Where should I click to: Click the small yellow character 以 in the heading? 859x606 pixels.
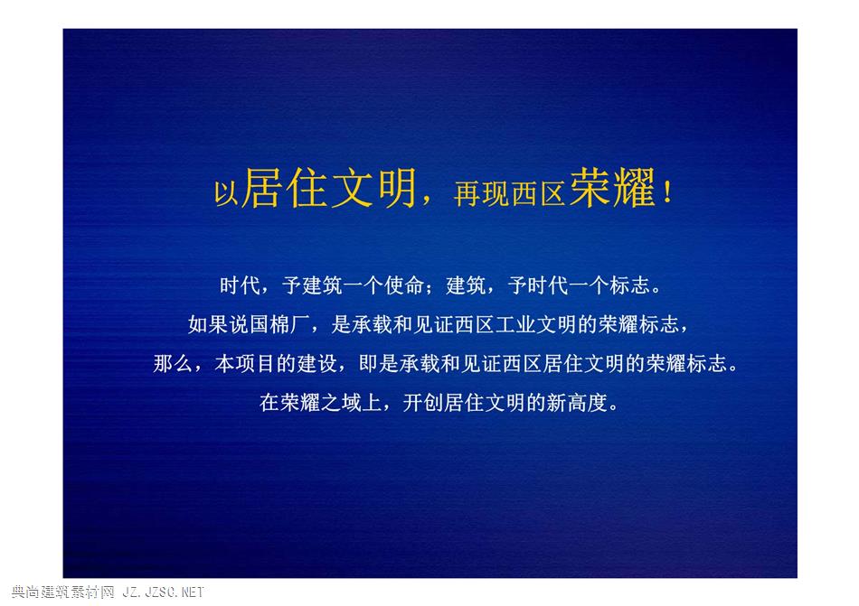226,193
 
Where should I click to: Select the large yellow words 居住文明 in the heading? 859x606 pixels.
329,188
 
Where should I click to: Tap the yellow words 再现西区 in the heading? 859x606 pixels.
509,193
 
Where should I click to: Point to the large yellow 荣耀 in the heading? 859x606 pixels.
612,188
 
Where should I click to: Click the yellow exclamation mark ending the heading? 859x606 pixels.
667,192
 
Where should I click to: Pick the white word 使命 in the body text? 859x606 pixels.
404,285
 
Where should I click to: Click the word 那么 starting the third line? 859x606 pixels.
173,364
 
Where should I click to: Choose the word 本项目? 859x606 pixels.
245,364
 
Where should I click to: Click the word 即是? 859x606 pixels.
379,364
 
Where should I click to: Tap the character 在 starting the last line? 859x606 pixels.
269,403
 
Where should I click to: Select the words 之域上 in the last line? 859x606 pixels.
351,403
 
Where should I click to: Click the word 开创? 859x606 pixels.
423,403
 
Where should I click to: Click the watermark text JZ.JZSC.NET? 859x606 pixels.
164,592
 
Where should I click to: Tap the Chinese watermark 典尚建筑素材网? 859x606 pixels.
63,592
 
